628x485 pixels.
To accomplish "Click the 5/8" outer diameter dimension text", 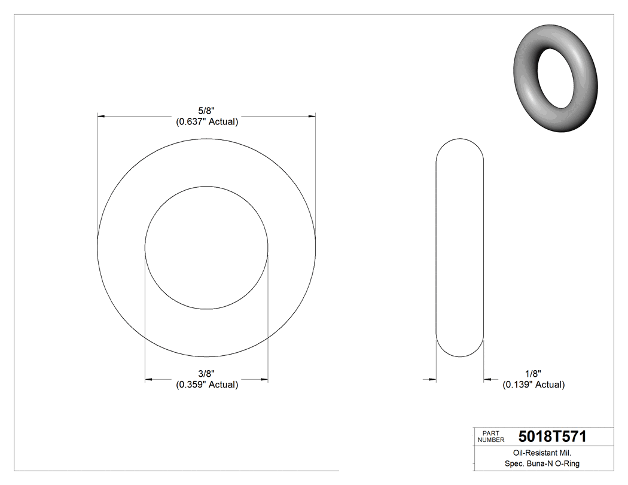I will tap(206, 110).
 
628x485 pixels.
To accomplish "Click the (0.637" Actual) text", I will tap(207, 122).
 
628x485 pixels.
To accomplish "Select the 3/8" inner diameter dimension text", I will tap(206, 373).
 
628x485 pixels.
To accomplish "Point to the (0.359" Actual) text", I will tap(207, 385).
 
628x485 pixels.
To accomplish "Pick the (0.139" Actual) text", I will tap(533, 385).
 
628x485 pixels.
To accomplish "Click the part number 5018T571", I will tap(552, 437).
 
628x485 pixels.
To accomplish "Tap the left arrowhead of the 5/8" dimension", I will tap(102, 116).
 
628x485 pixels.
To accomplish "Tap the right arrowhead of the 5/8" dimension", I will tap(312, 116).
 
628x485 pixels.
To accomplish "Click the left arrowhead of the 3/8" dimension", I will tap(150, 379).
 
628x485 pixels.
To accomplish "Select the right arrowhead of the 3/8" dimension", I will tap(264, 379).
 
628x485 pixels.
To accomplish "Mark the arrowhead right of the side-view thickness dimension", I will tap(487, 379).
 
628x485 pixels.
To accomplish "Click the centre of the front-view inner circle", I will tap(206, 248).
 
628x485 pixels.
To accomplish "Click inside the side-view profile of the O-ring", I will tap(459, 248).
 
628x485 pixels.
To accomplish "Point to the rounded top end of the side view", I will tap(459, 141).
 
